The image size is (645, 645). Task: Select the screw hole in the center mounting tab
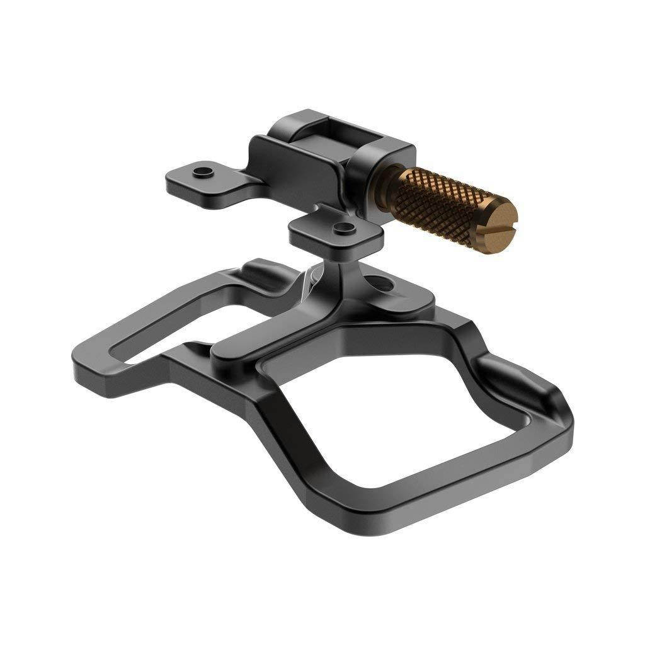[x=341, y=226]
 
